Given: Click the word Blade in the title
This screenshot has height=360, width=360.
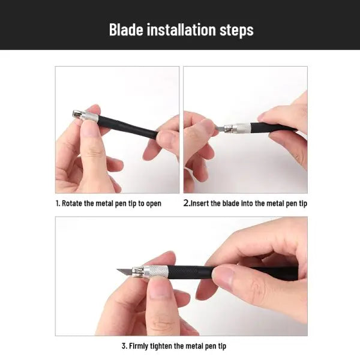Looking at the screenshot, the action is click(x=126, y=29).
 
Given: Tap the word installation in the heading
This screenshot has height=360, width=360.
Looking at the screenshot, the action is click(x=181, y=29).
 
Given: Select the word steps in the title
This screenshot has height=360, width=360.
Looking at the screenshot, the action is click(x=236, y=31).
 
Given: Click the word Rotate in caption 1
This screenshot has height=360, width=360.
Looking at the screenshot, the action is click(x=72, y=203).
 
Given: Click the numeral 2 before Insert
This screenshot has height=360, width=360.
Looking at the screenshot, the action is click(x=186, y=203).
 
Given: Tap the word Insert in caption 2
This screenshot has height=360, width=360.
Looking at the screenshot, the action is click(x=200, y=203).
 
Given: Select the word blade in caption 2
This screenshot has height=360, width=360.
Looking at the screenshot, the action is click(x=231, y=203).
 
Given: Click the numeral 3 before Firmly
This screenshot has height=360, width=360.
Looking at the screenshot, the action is click(x=124, y=346).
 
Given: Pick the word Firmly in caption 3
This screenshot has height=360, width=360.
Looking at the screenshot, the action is click(x=139, y=346).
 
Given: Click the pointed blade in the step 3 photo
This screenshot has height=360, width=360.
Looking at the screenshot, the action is click(x=125, y=272).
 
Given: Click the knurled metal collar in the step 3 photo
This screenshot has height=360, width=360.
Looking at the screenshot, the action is click(x=155, y=272).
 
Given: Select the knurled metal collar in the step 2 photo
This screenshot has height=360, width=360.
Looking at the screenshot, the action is click(x=242, y=128).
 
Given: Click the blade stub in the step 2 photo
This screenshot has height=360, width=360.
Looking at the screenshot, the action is click(x=220, y=128).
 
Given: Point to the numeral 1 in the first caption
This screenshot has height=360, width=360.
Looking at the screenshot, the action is click(x=58, y=203).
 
